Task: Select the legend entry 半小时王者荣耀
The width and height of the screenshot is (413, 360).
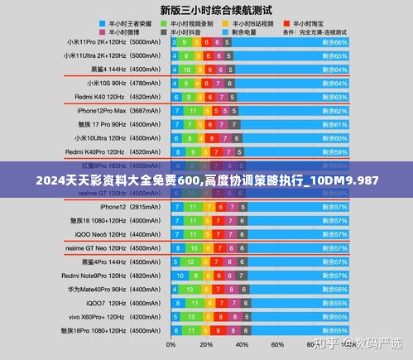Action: [125, 24]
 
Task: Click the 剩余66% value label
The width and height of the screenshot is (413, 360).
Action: [335, 41]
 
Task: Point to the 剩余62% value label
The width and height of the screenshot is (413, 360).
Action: [335, 110]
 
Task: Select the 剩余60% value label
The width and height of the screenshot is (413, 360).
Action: [335, 138]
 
